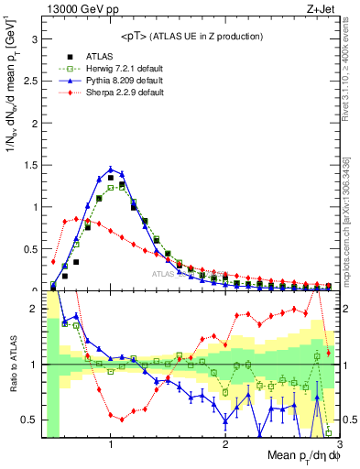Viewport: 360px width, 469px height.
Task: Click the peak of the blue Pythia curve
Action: [x=111, y=169]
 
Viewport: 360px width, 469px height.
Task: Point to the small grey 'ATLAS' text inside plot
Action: [x=163, y=273]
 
